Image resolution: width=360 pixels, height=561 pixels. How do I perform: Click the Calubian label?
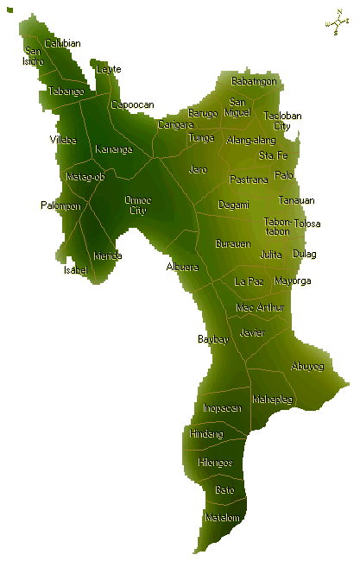(63, 43)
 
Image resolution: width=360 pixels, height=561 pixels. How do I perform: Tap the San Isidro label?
(34, 56)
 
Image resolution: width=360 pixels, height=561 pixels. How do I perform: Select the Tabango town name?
(66, 91)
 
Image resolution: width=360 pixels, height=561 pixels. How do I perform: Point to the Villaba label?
(63, 139)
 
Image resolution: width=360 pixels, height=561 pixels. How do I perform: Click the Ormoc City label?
(137, 205)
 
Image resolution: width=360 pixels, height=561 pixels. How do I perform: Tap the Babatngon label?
(254, 81)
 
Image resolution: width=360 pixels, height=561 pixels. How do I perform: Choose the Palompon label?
(60, 205)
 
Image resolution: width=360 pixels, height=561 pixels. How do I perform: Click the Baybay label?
(213, 339)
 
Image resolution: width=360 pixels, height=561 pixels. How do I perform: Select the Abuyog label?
(307, 366)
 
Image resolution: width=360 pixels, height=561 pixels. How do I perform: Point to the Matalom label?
(222, 517)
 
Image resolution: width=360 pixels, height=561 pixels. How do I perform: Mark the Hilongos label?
(215, 463)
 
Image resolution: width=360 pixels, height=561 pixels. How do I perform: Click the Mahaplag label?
(273, 400)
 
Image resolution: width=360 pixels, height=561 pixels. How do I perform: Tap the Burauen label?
(232, 243)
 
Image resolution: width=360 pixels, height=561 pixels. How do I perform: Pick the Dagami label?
(233, 205)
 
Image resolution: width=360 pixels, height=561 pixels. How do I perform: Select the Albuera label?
(183, 267)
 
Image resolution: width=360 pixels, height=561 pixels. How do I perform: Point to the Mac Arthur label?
(260, 307)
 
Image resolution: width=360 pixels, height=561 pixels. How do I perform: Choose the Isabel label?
(76, 270)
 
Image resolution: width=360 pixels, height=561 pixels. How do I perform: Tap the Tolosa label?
(306, 224)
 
